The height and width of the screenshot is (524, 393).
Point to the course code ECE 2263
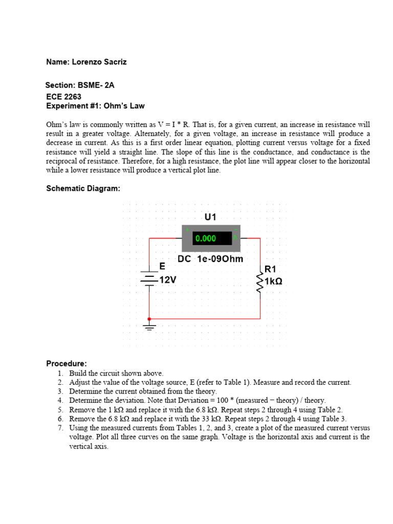63,96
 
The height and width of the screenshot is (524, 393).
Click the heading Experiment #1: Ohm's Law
95,106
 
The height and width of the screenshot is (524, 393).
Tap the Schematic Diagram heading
83,188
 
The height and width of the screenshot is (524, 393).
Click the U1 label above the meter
210,217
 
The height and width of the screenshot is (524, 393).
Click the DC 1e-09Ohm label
210,259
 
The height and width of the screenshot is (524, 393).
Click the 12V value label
168,280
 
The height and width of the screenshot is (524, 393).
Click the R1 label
270,269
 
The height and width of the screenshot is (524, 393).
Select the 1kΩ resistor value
273,281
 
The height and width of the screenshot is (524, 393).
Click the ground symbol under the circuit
149,326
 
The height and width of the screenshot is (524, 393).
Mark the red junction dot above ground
149,318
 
